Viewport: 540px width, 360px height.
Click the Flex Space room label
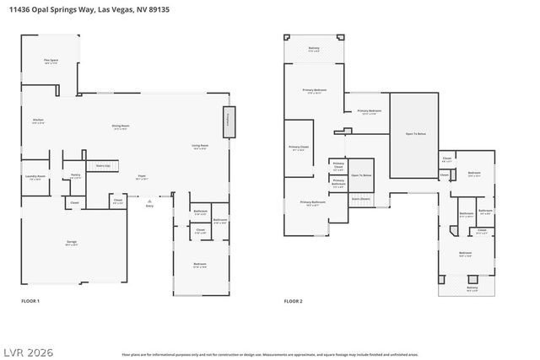[x=51, y=61]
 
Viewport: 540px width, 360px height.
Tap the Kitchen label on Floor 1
[x=38, y=121]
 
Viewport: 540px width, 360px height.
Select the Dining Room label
[x=120, y=127]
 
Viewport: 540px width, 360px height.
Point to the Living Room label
[x=200, y=147]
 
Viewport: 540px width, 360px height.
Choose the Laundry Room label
[x=35, y=177]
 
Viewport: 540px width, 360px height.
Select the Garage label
[x=72, y=243]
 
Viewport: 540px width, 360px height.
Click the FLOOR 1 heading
[x=30, y=301]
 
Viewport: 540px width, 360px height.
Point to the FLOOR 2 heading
[x=293, y=301]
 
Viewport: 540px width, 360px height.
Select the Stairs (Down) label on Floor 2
[x=361, y=199]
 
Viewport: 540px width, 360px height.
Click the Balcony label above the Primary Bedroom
[x=314, y=49]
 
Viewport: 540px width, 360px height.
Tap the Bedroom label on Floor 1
[x=200, y=265]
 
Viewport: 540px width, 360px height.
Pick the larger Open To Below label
[x=415, y=133]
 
